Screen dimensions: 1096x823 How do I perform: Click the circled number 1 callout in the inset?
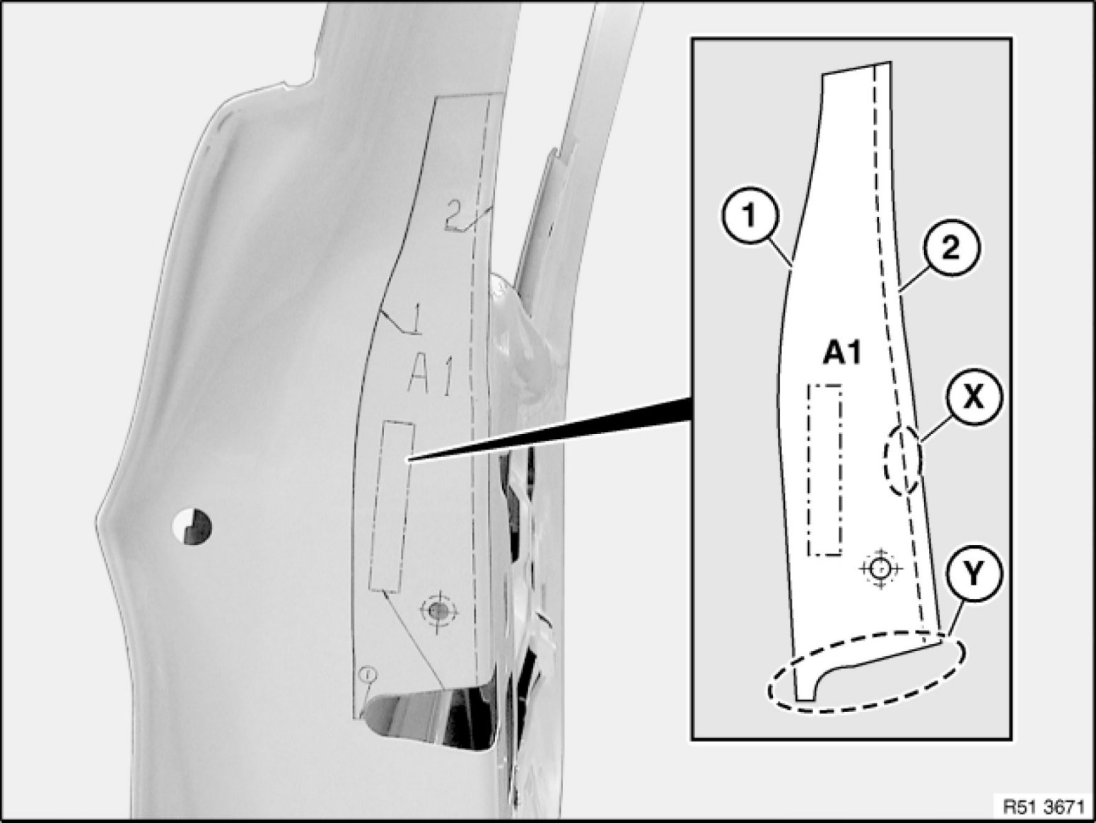(750, 217)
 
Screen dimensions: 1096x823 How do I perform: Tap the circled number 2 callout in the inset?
(951, 248)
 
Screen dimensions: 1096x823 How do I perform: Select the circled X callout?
(973, 397)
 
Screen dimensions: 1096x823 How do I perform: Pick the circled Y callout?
(973, 576)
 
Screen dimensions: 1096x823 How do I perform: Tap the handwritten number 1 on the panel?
(415, 320)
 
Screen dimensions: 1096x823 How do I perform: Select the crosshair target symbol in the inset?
(880, 568)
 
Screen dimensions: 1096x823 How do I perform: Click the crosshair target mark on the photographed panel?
(439, 609)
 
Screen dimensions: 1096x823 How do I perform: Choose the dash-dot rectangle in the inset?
(825, 470)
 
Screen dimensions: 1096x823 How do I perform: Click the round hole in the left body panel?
(192, 527)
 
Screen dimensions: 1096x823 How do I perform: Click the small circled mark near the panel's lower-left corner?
(368, 675)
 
